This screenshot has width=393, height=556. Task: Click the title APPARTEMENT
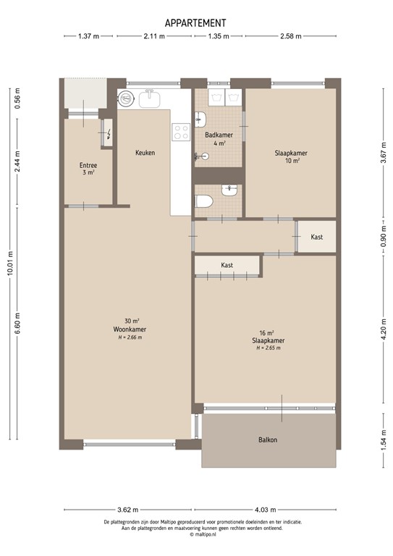click(195, 23)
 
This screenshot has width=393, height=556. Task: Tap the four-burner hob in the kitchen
click(181, 131)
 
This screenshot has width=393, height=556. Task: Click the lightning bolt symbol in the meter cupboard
click(108, 133)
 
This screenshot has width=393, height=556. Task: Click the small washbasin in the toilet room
click(230, 190)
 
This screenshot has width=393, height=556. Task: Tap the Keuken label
click(145, 153)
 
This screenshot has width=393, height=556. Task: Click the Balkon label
click(268, 439)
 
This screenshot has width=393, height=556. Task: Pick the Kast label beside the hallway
click(316, 237)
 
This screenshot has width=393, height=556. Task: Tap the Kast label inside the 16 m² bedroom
click(227, 266)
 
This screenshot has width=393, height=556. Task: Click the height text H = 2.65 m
click(268, 348)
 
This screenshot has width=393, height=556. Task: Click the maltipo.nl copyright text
click(196, 535)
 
